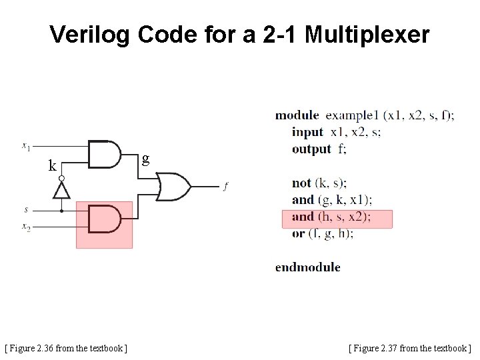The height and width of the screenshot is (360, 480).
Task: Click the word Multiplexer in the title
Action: pos(367,35)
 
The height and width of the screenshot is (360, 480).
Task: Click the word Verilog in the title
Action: pos(91,35)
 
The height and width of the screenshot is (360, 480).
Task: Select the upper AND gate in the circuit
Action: pos(104,154)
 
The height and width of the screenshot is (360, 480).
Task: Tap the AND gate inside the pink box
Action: pos(104,219)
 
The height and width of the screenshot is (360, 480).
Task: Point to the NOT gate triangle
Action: pos(61,190)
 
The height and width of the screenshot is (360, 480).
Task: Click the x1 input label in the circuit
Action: pos(25,145)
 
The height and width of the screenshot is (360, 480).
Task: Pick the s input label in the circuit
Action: pos(26,209)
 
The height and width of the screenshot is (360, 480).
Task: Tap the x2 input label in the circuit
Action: pos(26,227)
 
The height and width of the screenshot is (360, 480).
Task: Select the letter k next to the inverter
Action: pos(52,166)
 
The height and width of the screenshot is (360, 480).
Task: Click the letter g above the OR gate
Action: pos(145,159)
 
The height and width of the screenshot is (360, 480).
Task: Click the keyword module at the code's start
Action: pos(297,115)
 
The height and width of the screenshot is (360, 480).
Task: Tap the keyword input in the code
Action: pos(307,132)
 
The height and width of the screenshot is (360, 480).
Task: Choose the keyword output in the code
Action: pos(311,149)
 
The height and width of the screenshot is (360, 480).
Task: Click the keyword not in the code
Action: pos(301,183)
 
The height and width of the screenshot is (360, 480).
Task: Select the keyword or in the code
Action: pos(298,233)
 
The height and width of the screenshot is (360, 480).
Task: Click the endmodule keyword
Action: pos(307,267)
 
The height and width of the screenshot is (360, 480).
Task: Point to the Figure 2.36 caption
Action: pos(67,348)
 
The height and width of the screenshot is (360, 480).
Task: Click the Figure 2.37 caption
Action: pos(409,348)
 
